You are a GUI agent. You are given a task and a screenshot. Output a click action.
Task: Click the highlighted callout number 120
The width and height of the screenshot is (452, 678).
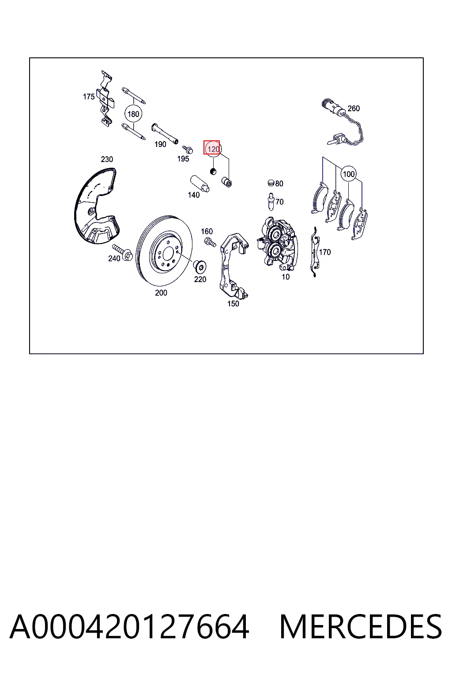click(213, 149)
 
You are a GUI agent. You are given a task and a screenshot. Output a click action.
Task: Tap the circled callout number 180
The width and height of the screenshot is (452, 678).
click(133, 114)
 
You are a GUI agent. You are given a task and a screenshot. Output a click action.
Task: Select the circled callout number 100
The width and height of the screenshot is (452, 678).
click(348, 174)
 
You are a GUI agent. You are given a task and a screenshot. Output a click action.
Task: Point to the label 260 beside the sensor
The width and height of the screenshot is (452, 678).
click(354, 108)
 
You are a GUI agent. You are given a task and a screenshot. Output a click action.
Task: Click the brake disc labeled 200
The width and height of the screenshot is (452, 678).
click(164, 251)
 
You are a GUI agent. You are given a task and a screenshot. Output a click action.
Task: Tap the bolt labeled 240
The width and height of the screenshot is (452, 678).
click(122, 252)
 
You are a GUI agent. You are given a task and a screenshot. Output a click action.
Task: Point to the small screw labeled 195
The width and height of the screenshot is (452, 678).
click(188, 149)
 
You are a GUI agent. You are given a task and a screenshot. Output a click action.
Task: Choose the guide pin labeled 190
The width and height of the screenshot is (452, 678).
click(165, 133)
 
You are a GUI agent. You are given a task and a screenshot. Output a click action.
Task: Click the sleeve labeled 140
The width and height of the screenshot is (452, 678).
click(200, 184)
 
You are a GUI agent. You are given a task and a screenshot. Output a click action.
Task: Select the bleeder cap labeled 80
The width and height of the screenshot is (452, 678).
click(271, 182)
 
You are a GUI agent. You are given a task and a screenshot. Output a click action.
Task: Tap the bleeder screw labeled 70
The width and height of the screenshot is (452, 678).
click(271, 201)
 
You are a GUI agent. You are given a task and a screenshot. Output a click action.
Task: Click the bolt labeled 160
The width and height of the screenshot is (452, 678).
click(210, 241)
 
